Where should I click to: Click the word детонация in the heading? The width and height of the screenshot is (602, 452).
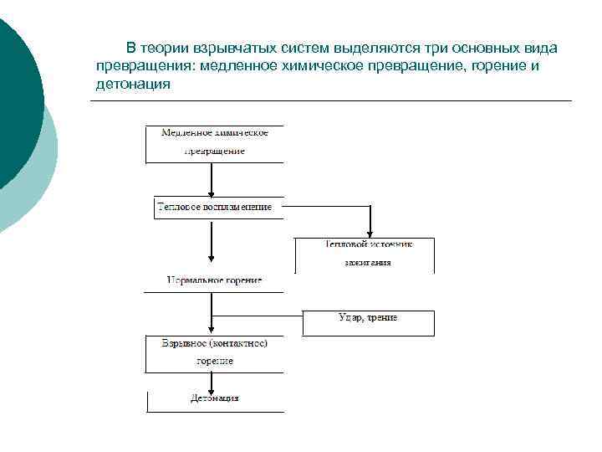click(x=133, y=85)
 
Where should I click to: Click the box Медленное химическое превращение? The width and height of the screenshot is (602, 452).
click(x=214, y=144)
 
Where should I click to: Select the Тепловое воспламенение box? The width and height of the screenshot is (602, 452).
click(x=214, y=208)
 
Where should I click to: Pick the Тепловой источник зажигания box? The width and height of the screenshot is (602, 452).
click(x=365, y=254)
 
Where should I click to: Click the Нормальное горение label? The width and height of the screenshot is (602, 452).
click(x=214, y=280)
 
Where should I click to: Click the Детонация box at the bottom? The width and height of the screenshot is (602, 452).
click(x=214, y=399)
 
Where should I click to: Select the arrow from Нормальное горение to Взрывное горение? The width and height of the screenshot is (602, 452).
click(x=212, y=314)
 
